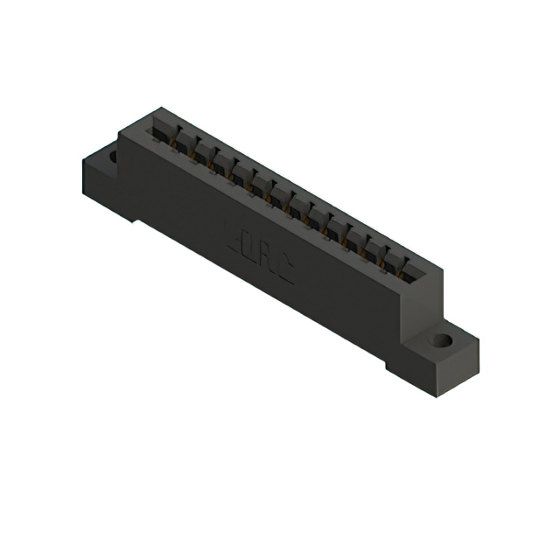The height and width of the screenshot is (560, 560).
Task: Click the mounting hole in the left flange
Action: coord(112,157)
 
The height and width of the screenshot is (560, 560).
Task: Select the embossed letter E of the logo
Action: coord(232,237)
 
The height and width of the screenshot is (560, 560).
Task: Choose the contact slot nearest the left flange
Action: coord(161,128)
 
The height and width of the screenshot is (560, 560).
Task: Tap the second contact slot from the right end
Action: coord(388,253)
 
